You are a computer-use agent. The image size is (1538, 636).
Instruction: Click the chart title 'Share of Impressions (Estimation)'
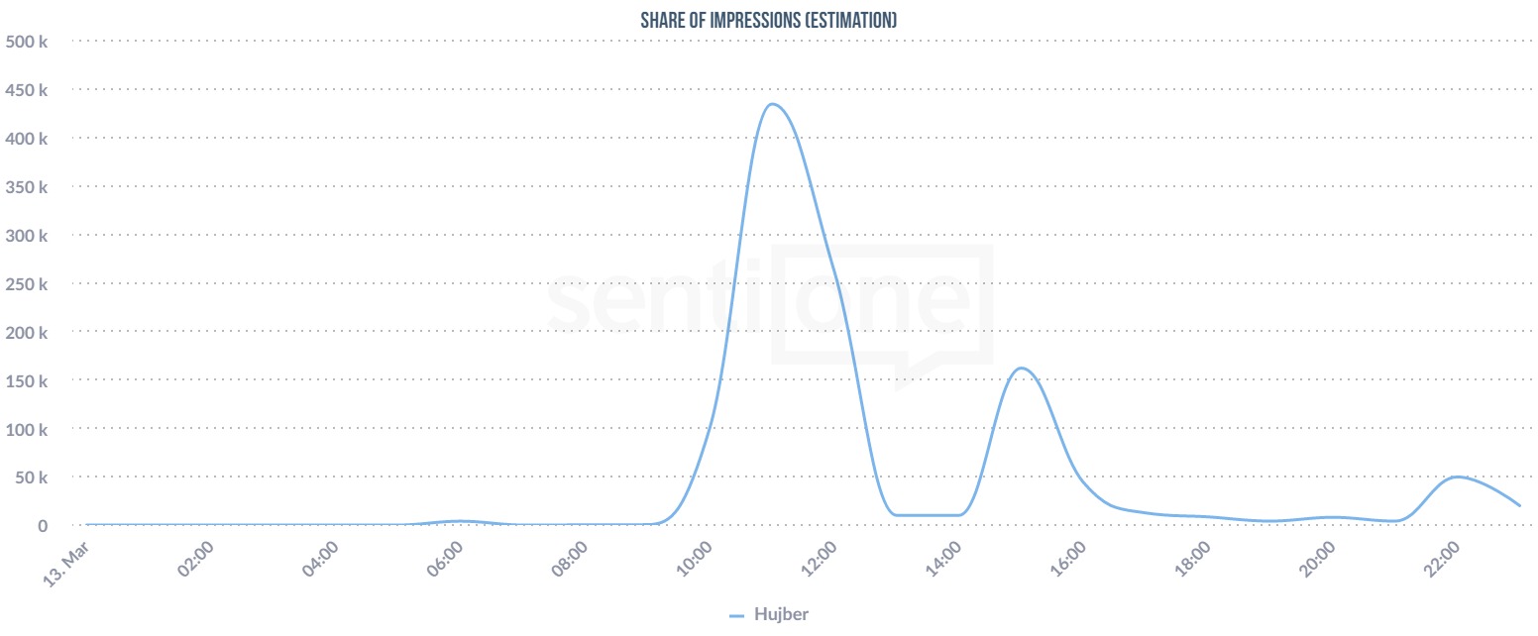pyautogui.click(x=769, y=20)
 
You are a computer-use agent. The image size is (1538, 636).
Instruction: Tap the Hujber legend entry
pyautogui.click(x=770, y=614)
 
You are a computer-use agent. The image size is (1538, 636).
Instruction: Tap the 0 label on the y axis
pyautogui.click(x=43, y=526)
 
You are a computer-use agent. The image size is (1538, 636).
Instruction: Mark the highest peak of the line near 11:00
pyautogui.click(x=771, y=104)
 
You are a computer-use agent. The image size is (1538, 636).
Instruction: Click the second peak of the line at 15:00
pyautogui.click(x=1021, y=369)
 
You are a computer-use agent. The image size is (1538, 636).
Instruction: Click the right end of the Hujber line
pyautogui.click(x=1519, y=505)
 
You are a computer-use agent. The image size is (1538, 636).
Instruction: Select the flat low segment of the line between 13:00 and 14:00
pyautogui.click(x=927, y=515)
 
